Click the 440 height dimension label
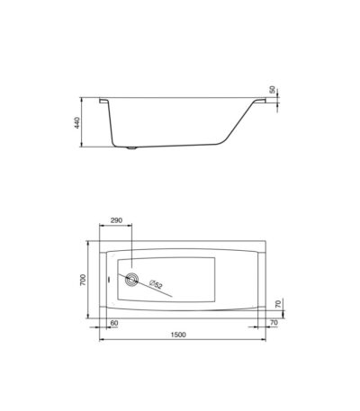click(77, 123)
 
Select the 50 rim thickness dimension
click(272, 89)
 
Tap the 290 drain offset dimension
click(116, 220)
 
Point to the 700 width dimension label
click(83, 280)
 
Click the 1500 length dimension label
click(178, 335)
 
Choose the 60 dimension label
click(114, 323)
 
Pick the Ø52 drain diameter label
click(156, 284)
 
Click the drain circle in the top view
click(132, 280)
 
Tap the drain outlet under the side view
click(131, 147)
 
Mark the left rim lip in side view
click(104, 101)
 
